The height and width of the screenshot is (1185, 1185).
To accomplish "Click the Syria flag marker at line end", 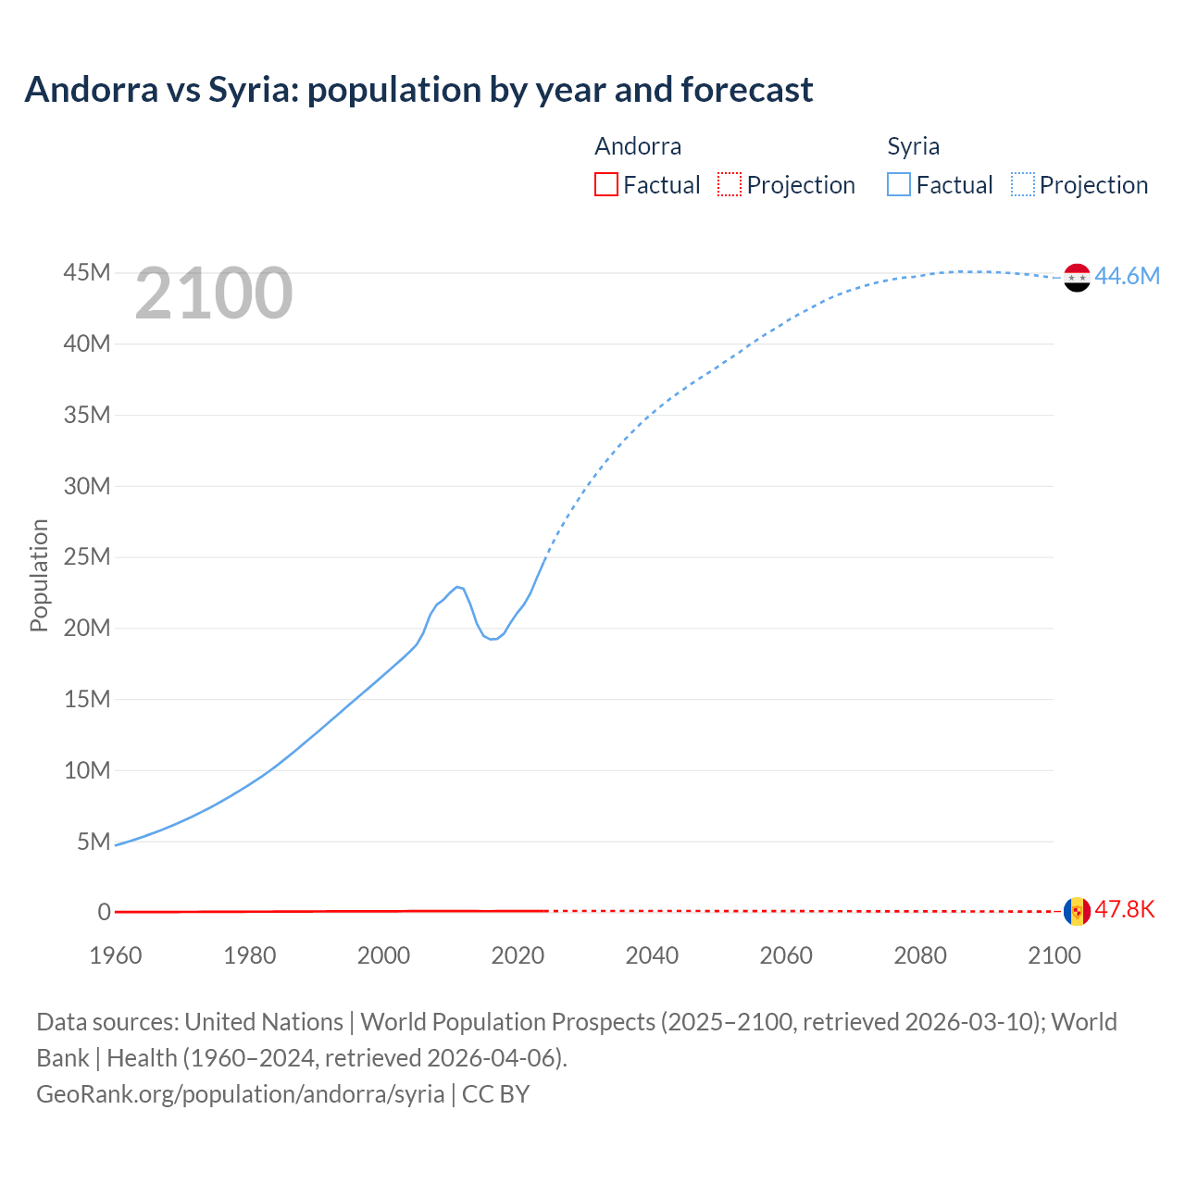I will (x=1077, y=277).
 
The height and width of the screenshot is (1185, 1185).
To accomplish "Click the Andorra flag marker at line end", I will (x=1077, y=911).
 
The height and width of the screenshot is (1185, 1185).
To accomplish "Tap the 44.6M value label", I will (x=1127, y=276).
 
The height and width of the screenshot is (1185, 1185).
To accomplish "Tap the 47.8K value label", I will (x=1125, y=909).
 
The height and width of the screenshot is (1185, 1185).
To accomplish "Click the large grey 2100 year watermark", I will (x=214, y=293).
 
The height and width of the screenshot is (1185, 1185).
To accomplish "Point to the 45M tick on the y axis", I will (x=87, y=272).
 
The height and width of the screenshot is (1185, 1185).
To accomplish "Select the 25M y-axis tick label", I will (x=87, y=556).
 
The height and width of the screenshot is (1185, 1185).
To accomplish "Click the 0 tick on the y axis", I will (x=104, y=912).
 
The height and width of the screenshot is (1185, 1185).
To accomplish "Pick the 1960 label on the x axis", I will (x=116, y=955).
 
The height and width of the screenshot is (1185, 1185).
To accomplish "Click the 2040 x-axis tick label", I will (x=652, y=955).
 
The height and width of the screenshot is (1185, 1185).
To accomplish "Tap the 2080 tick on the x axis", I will (x=920, y=955).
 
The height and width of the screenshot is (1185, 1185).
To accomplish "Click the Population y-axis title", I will (x=39, y=575).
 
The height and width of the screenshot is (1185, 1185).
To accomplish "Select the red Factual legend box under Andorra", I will (x=606, y=184).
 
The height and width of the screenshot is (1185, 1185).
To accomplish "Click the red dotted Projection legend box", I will (x=730, y=184).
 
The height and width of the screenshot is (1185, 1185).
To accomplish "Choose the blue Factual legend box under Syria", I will (x=899, y=184).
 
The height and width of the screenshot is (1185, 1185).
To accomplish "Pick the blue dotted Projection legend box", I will (x=1022, y=184).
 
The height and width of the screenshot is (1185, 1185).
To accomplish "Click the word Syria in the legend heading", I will (x=913, y=146).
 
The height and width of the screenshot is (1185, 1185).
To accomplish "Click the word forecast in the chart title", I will (x=746, y=90).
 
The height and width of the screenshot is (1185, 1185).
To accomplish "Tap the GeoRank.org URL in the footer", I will (x=241, y=1093).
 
